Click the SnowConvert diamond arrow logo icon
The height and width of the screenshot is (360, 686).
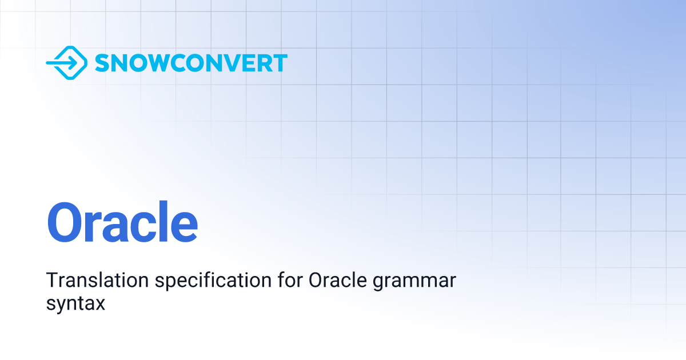pos(66,63)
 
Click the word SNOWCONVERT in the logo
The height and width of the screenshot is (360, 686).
pos(191,63)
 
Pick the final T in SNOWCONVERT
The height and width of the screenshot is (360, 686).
pos(279,63)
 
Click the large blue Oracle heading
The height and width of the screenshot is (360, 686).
pos(122,222)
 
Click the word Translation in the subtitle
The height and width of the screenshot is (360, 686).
pos(89,281)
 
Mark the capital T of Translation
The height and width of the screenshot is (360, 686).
pos(51,281)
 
